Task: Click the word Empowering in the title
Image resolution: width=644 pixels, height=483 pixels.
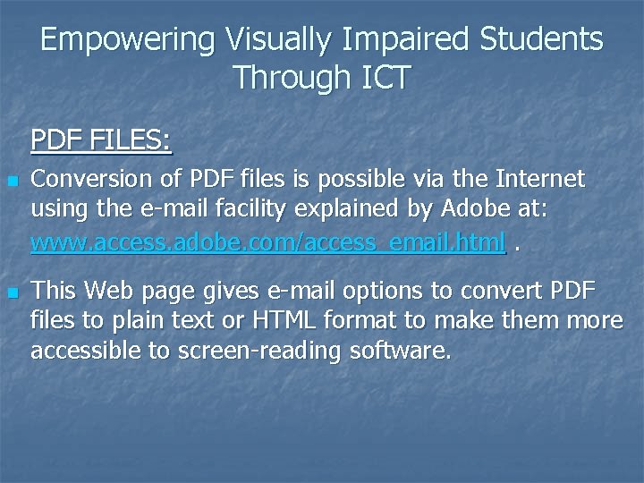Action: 128,39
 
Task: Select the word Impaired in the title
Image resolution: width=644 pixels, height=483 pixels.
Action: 410,39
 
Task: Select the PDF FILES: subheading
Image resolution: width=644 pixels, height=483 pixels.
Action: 101,140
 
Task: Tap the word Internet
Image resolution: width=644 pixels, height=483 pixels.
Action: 536,179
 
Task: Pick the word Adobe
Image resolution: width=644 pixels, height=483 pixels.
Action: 479,210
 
